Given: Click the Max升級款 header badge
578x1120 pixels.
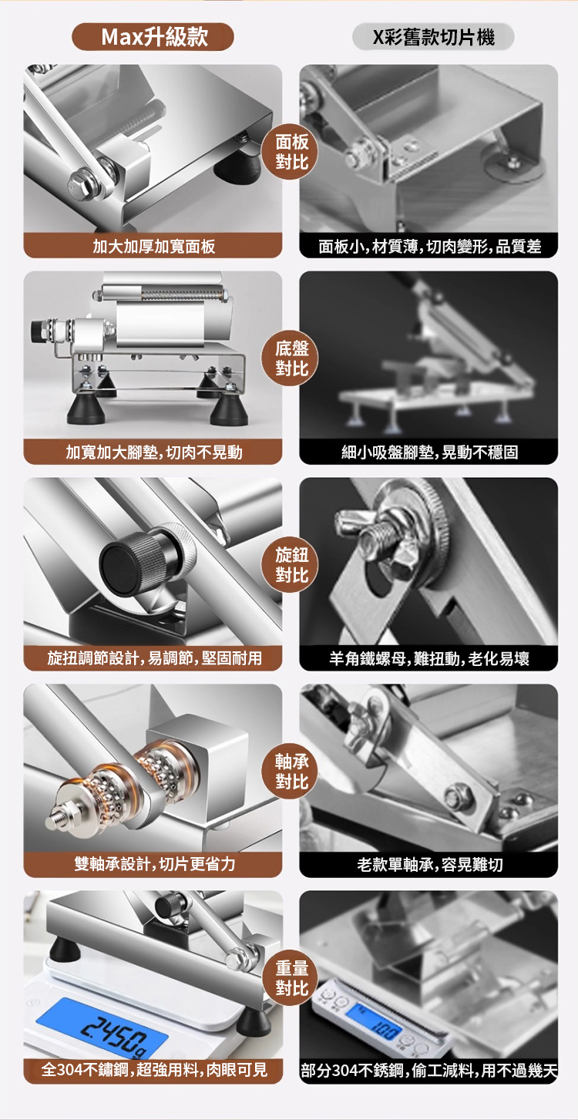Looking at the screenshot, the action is [153, 36].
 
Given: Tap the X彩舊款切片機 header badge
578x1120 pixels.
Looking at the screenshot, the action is [433, 36].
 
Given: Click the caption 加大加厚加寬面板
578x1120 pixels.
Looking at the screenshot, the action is [153, 246].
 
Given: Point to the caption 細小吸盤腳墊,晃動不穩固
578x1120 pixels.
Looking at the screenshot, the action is [429, 452].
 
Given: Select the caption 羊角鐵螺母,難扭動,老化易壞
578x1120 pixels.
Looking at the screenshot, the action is [429, 658].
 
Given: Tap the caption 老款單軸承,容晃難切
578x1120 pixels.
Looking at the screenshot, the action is [429, 864].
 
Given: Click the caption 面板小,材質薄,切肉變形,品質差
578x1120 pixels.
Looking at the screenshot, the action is [429, 246].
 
